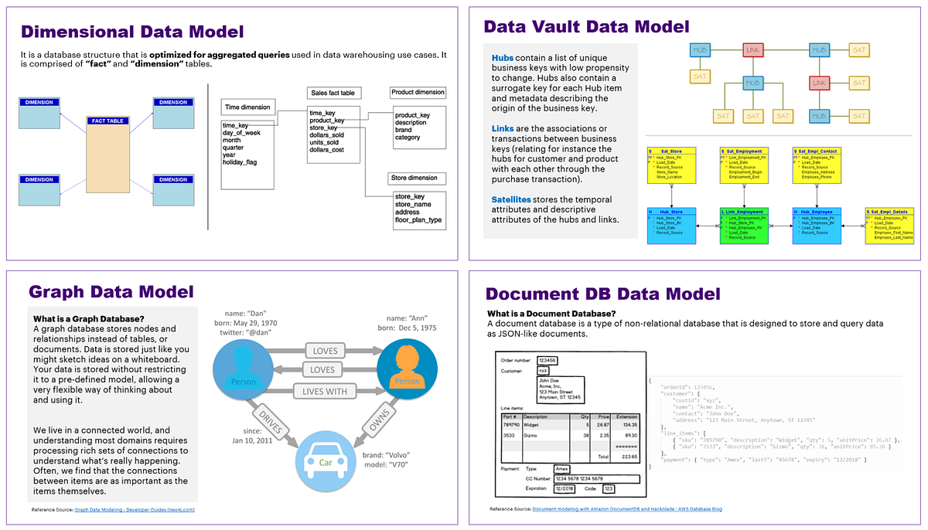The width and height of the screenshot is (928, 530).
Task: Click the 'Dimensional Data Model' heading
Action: [132, 32]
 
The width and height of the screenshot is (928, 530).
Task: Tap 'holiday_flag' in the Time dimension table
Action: [240, 162]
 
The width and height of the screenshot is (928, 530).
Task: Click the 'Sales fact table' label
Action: [332, 93]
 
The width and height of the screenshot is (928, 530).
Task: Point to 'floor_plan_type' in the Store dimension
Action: [418, 220]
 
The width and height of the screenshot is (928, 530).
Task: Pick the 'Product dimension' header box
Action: [418, 93]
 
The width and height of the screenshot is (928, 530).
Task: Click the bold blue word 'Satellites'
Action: [511, 199]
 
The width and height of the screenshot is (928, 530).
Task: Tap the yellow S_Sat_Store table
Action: [671, 165]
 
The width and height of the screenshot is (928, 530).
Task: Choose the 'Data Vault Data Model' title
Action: [586, 27]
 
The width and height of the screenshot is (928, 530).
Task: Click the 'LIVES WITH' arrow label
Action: [325, 392]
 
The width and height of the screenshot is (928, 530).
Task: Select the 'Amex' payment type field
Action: [562, 468]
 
